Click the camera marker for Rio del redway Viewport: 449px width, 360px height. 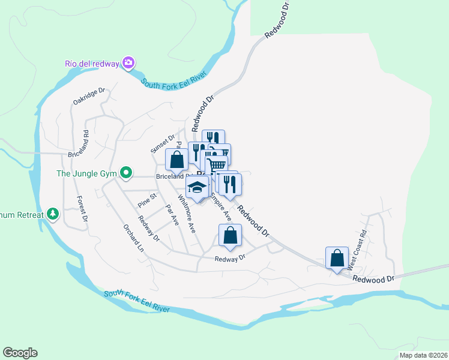[128, 63]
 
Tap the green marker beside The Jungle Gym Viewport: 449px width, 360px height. [126, 174]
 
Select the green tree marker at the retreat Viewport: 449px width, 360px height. [53, 214]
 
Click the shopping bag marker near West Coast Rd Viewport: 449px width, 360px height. [337, 258]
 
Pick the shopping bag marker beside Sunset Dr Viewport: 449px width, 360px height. [176, 160]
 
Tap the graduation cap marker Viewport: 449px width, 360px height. [196, 188]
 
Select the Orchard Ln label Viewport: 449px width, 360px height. [134, 238]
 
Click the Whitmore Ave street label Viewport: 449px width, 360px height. [187, 214]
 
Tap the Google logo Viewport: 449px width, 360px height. [20, 353]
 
